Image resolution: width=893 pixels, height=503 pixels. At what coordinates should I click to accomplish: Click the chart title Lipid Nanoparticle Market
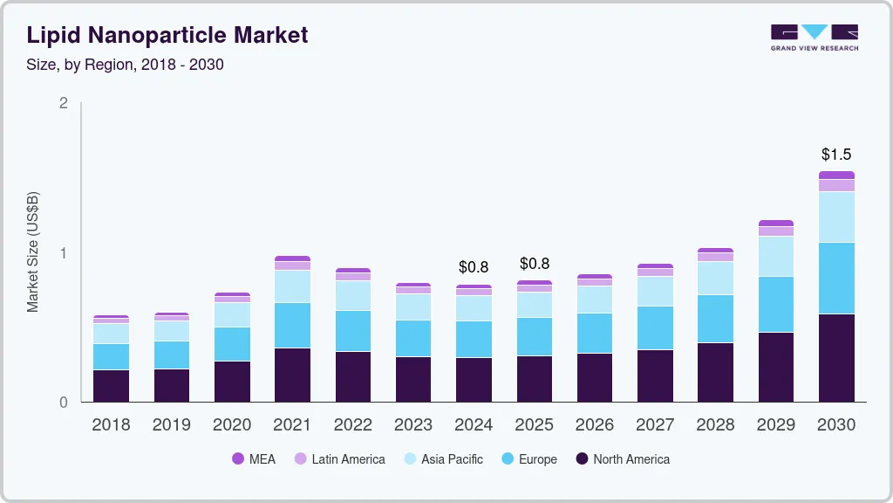point(167,35)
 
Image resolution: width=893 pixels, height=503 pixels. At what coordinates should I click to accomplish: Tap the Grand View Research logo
point(814,38)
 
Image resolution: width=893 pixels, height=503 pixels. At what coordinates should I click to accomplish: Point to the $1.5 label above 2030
point(836,155)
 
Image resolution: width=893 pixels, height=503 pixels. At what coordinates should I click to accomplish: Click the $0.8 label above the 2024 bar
point(474,266)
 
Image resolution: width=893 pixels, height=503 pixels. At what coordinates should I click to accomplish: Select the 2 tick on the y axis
point(63,103)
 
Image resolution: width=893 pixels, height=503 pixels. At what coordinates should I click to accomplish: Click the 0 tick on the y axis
point(63,403)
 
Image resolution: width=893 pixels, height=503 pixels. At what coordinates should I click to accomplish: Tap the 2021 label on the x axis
point(292,425)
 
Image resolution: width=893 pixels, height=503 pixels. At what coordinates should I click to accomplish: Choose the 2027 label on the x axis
point(655,425)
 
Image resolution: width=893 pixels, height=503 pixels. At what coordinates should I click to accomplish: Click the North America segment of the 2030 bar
point(836,358)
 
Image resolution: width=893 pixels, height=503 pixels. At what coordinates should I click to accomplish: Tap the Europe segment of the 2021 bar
point(292,325)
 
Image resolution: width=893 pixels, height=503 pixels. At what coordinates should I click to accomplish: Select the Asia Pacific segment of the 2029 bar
point(776,256)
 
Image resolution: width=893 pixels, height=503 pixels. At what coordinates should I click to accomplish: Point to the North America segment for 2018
point(111,386)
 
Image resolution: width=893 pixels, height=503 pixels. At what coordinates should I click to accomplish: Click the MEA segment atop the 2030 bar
point(836,175)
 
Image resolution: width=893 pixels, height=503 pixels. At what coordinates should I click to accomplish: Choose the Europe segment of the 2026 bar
point(595,333)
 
